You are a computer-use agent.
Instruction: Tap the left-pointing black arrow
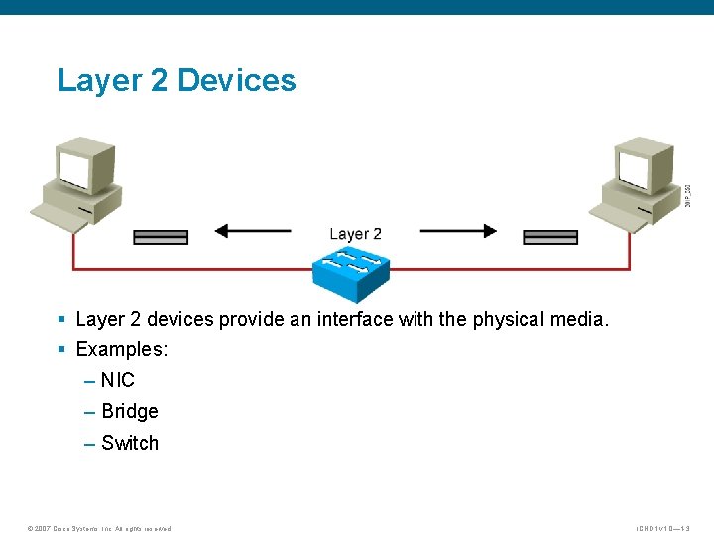pos(253,231)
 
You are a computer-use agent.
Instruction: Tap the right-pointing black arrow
pos(458,231)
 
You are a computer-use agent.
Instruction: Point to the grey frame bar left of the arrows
pos(161,237)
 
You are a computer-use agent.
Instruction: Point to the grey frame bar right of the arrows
pos(550,237)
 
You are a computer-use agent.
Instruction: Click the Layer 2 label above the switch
pos(355,234)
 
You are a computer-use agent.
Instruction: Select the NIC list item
pos(117,380)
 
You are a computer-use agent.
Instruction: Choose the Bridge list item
pos(129,411)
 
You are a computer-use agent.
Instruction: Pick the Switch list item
pos(129,443)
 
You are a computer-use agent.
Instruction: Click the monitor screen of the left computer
pos(73,169)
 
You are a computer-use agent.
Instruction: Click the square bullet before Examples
pos(61,349)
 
